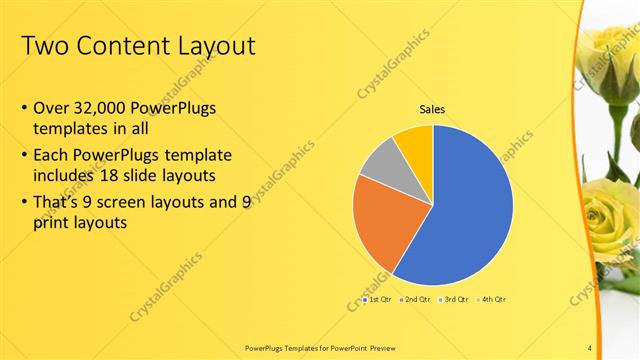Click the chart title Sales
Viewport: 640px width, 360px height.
click(432, 110)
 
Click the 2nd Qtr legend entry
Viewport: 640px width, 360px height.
click(415, 299)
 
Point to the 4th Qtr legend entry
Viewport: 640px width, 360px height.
click(493, 299)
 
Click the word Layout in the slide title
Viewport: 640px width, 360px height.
click(212, 47)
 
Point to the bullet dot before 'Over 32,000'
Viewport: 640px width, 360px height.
click(24, 108)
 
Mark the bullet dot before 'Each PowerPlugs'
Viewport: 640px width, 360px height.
click(24, 156)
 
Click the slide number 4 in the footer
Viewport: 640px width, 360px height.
click(590, 348)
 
